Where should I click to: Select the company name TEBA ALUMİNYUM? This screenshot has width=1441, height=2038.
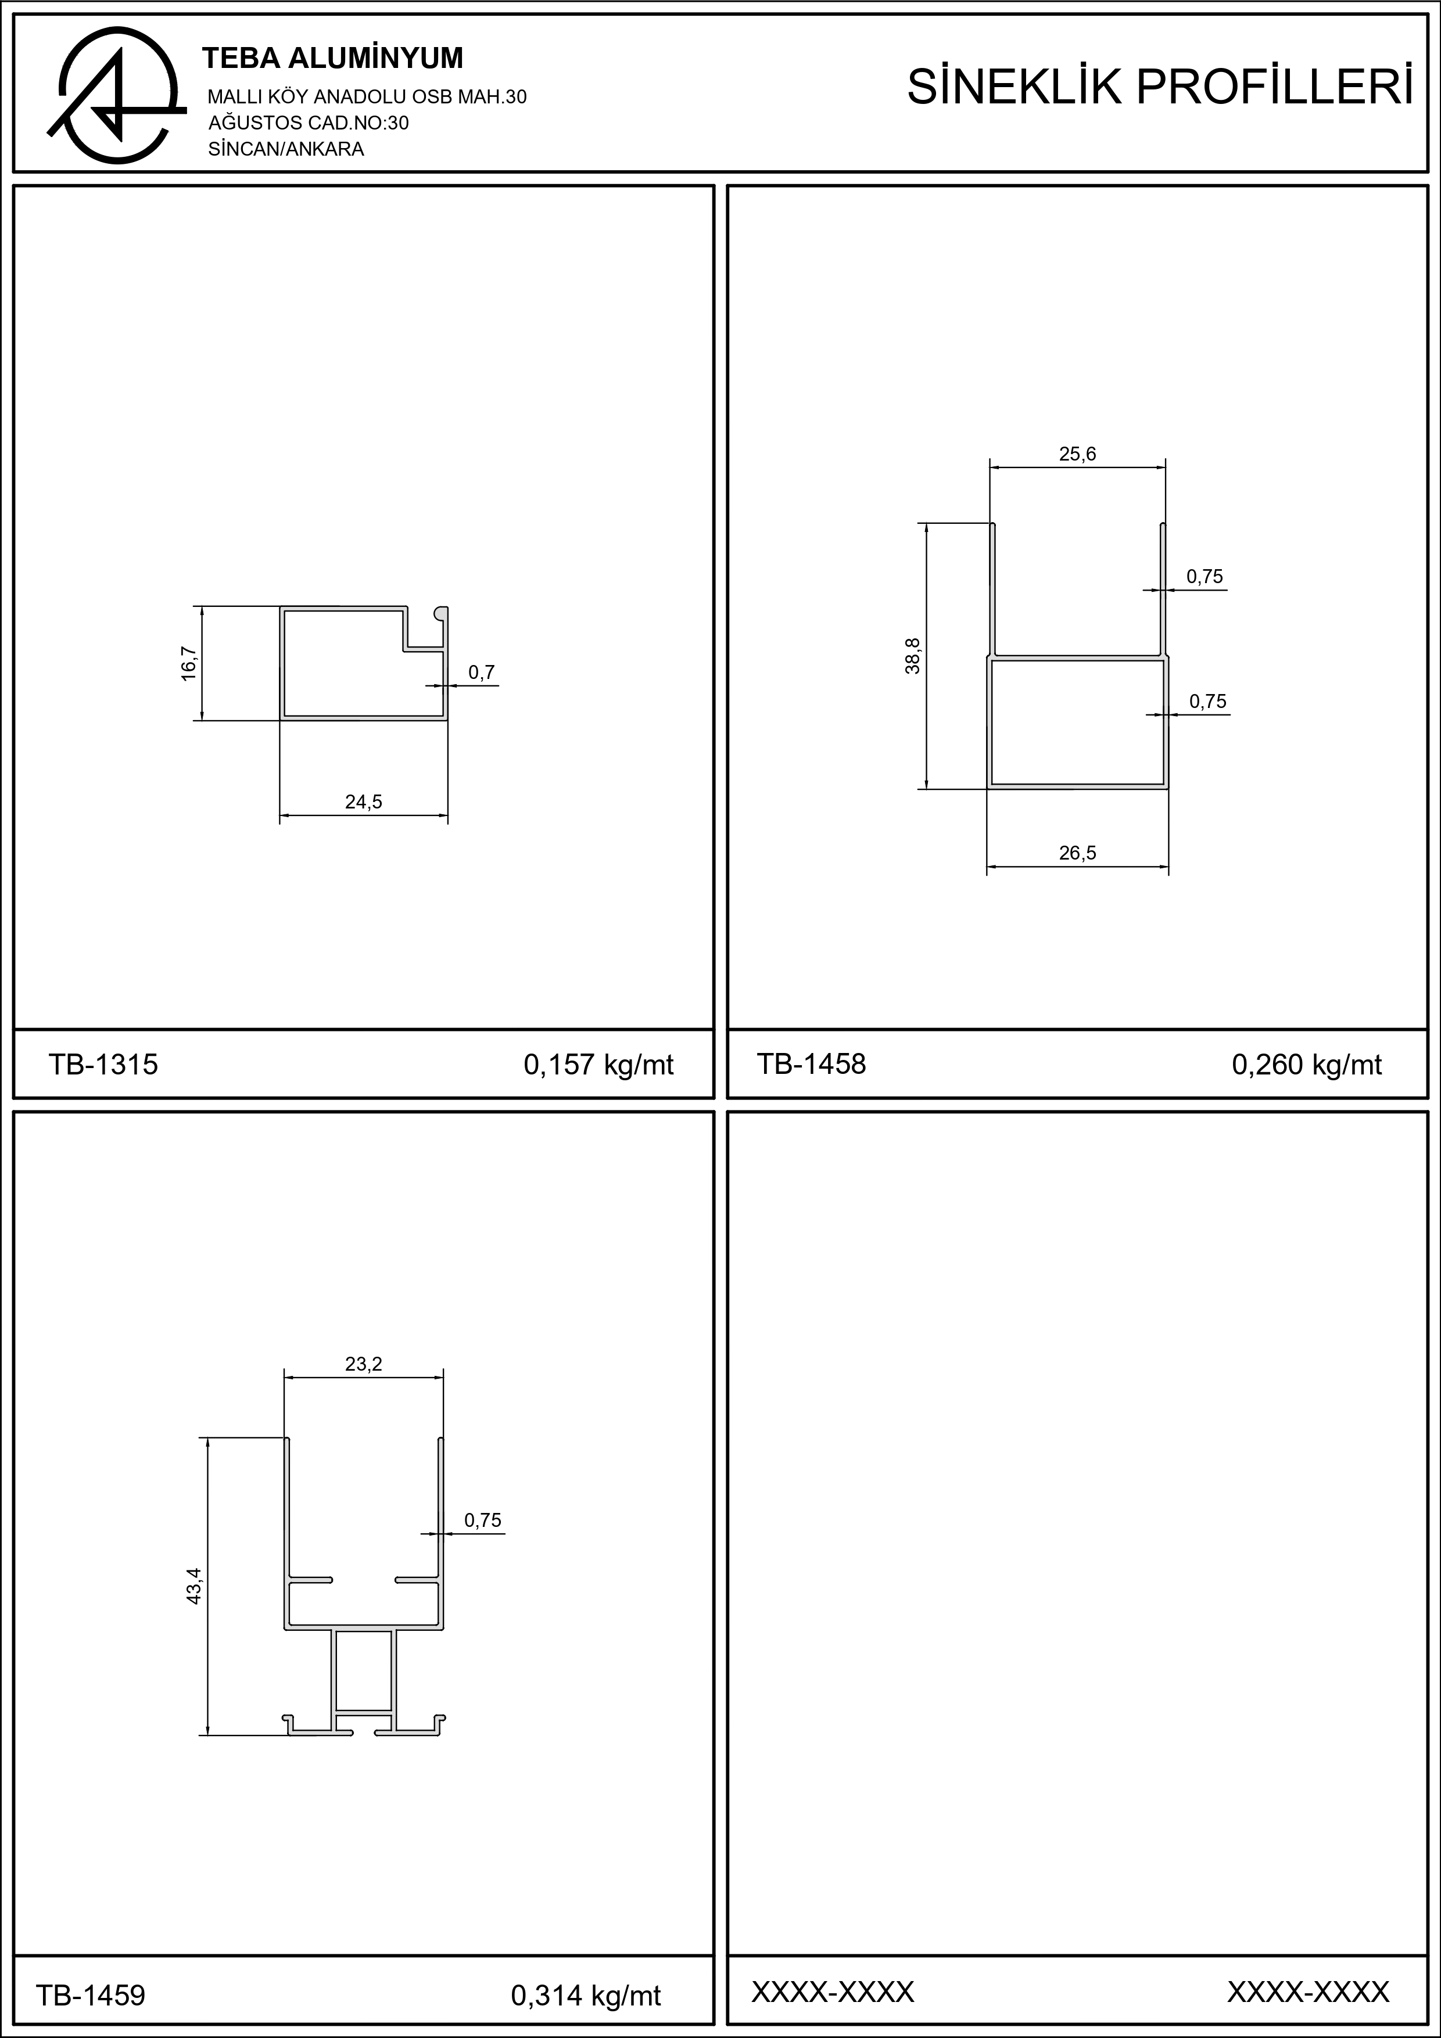(333, 59)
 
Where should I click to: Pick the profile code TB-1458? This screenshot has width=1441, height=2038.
(811, 1063)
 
